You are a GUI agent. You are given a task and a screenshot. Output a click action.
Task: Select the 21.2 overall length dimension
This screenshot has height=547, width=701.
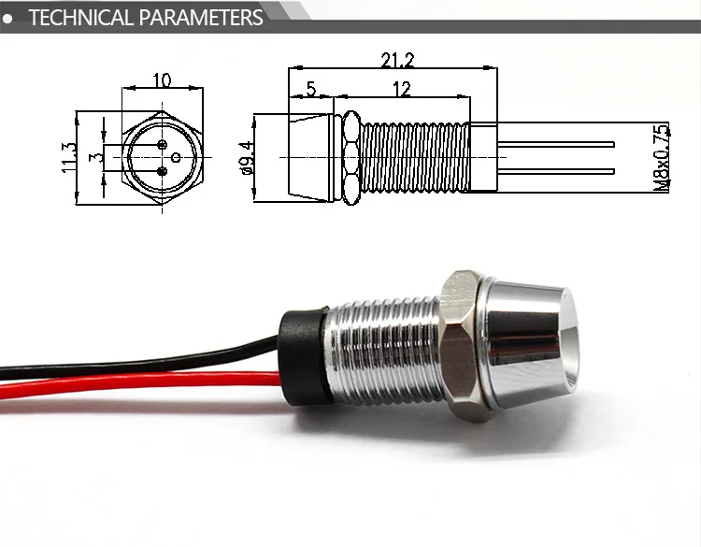397,61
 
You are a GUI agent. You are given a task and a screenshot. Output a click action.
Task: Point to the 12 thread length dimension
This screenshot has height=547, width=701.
401,89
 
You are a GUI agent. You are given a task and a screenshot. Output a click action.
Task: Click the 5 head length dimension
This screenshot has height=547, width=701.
310,89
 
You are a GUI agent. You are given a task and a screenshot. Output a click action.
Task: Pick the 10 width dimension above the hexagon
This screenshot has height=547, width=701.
162,80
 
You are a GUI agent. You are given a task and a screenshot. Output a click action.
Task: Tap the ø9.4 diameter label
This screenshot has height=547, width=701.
246,156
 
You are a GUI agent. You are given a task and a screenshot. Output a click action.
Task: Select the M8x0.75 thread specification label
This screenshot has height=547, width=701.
662,156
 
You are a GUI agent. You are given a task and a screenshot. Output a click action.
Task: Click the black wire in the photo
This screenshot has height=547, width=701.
140,361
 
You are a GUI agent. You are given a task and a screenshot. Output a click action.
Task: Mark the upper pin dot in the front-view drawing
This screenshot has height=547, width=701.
163,145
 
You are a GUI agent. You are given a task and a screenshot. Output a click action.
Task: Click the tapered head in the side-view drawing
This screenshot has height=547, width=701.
312,156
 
